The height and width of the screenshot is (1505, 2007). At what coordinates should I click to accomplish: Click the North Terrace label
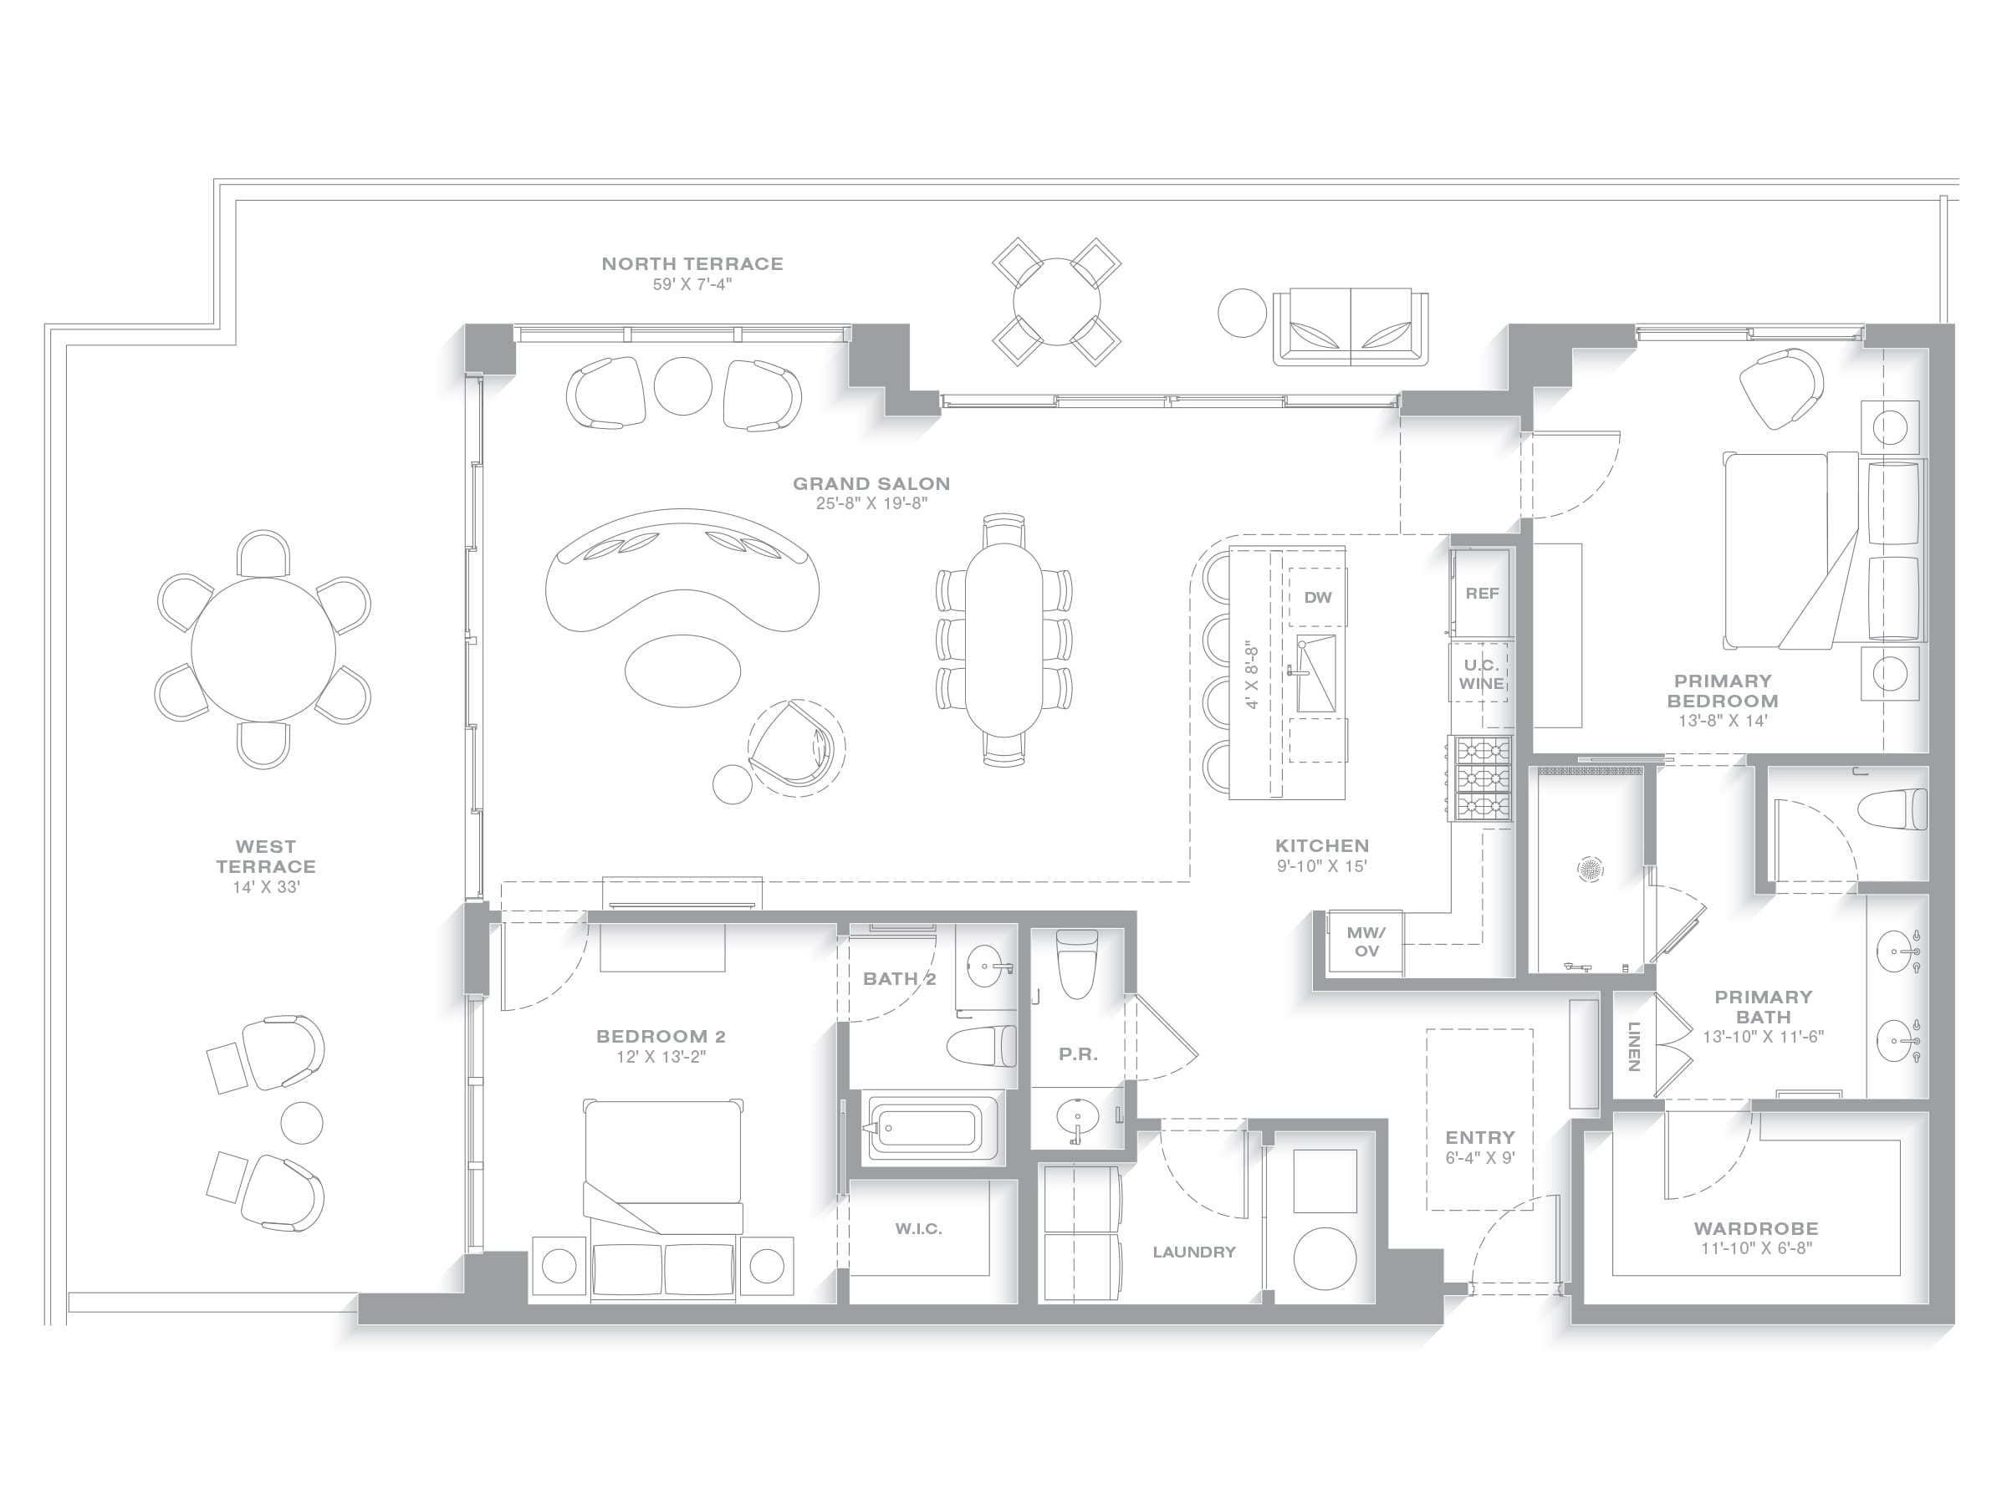coord(692,264)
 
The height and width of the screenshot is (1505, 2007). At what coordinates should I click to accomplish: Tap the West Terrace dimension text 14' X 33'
coord(266,887)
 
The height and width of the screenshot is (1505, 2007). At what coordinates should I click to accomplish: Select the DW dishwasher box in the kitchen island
coord(1317,597)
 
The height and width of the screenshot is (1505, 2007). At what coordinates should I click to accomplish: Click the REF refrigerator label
coord(1482,594)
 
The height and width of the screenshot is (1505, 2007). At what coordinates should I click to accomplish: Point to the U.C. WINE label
coord(1482,674)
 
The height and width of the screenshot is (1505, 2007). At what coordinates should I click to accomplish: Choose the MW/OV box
coord(1366,941)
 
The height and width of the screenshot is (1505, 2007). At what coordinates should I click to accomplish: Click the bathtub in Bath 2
coord(922,1129)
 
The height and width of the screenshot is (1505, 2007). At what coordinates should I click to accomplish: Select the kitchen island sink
coord(1315,673)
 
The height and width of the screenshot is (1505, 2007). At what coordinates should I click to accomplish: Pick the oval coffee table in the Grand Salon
coord(682,671)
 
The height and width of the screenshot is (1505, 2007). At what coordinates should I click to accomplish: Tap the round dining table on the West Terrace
coord(263,650)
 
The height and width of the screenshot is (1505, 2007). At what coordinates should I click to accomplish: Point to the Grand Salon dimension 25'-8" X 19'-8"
coord(871,503)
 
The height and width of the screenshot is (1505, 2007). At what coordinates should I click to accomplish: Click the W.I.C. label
coord(918,1228)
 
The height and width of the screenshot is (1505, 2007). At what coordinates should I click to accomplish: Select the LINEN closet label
coord(1633,1046)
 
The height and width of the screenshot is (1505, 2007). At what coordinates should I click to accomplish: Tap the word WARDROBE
coord(1755,1228)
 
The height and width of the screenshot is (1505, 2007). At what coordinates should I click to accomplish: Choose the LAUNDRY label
coord(1194,1252)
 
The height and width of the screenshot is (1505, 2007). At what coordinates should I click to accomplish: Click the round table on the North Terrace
coord(1056,302)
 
